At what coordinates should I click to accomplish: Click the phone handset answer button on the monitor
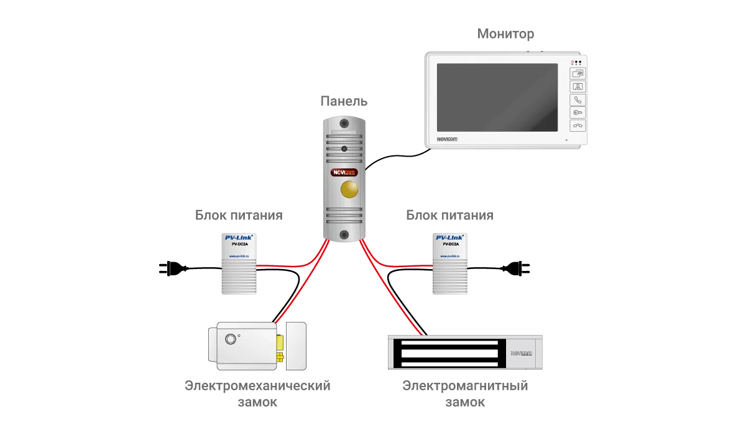coord(578,99)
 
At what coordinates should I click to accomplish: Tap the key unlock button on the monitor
coord(578,112)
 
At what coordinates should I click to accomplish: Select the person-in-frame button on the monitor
coord(578,86)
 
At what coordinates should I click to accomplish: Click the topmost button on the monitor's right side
coord(578,73)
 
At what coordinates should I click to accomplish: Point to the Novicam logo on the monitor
coord(446,139)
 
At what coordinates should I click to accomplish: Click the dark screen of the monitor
coord(497,97)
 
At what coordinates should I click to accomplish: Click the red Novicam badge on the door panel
coord(344,173)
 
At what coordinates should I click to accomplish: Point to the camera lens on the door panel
coord(344,149)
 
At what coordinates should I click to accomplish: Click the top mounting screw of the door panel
coord(344,123)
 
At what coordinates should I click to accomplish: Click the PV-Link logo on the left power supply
coord(239,237)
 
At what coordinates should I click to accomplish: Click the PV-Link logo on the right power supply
coord(451,237)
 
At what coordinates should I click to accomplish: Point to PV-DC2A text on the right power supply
coord(451,245)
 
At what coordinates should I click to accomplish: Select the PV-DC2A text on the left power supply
coord(239,245)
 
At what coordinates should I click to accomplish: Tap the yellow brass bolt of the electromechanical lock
coord(281,347)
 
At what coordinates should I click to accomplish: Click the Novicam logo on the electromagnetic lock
coord(521,353)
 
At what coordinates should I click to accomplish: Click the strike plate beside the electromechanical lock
coord(296,347)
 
